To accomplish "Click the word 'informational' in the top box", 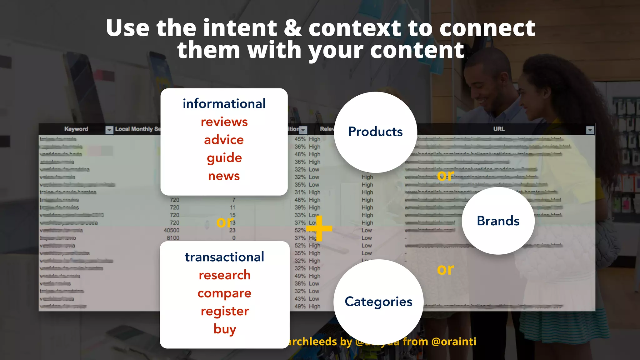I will coord(224,104).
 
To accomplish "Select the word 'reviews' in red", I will coord(224,122).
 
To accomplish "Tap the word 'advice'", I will coord(224,140).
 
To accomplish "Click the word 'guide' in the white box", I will coord(224,158).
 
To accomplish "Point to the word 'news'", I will coord(224,176).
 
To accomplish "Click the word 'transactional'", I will coord(224,257).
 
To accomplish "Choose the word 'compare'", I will coord(224,293).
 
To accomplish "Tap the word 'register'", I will coord(225,311).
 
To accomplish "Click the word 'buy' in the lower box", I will coord(225,329).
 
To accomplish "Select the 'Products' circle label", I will coord(375,132).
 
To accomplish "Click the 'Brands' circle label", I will coord(498,221).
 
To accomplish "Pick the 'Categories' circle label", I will coord(378,302).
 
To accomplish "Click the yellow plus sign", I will coord(319,228).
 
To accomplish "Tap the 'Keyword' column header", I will coord(76,129).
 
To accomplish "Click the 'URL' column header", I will coord(499,129).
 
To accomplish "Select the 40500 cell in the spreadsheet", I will coord(172,230).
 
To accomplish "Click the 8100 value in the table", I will coord(173,238).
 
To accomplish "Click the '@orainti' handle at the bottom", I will coord(453,342).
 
